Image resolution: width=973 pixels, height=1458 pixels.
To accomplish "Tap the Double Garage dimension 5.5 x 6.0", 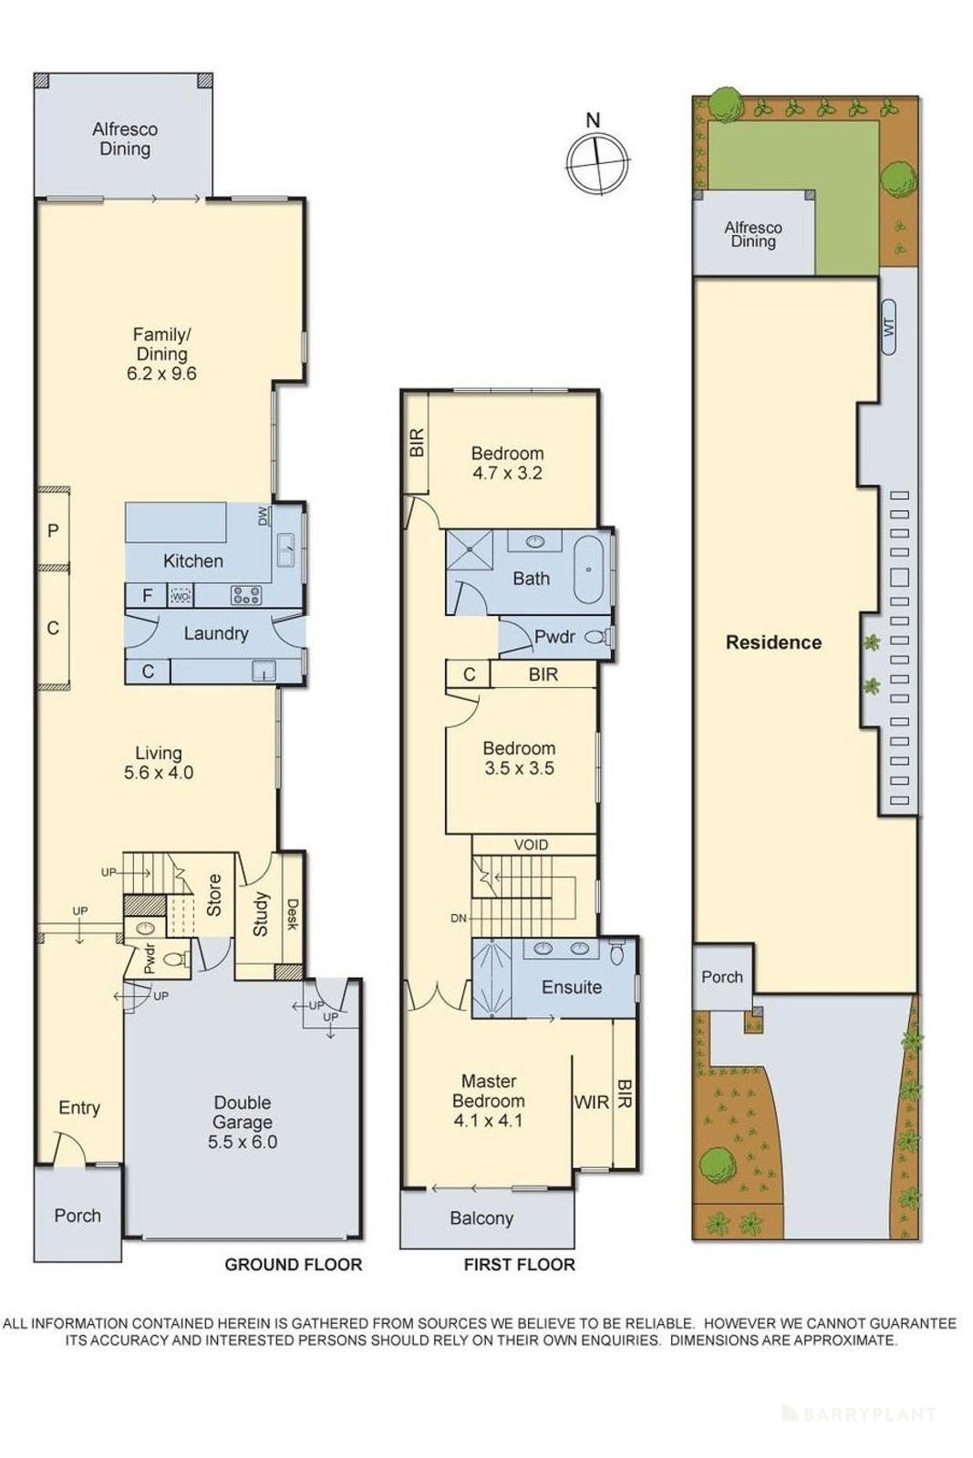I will point(242,1142).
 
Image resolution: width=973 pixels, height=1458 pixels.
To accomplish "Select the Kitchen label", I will point(192,561).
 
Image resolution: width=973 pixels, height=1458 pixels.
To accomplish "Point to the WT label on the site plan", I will point(889,326).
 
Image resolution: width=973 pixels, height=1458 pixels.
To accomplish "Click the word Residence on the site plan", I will point(773,642).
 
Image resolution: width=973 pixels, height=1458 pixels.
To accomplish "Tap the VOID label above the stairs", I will point(531,845).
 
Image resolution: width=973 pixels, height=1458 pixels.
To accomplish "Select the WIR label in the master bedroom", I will point(591,1103).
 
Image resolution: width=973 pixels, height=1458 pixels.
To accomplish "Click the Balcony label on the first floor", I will point(481,1218).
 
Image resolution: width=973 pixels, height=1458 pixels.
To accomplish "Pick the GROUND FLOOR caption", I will point(293,1265).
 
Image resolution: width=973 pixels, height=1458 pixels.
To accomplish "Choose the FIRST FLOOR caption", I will point(519,1265).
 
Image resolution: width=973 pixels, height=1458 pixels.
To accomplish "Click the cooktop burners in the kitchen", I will point(246,596).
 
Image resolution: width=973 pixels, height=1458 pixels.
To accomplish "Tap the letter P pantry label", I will point(53,530).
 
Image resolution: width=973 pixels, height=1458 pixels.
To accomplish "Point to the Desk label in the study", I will point(292,914).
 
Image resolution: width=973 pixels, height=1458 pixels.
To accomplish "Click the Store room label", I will point(214,895).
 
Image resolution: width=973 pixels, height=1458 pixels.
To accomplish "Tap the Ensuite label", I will point(572,987).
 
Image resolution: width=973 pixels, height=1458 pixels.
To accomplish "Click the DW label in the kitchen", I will point(263,516).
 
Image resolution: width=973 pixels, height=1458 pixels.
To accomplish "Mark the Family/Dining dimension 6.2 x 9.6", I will point(161,373).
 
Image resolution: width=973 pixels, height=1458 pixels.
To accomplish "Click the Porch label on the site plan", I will point(721,977).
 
